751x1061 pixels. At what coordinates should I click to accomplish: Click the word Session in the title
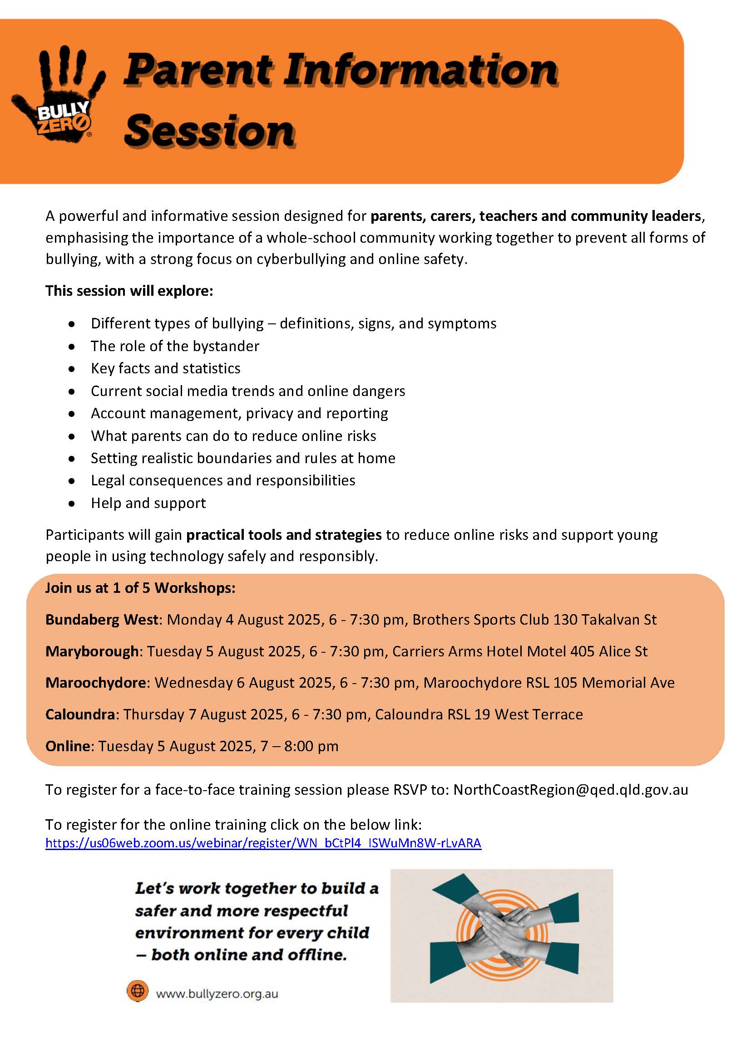coord(209,131)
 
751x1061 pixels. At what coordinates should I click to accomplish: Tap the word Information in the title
coord(420,71)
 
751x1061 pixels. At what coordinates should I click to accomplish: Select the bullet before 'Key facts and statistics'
coord(72,369)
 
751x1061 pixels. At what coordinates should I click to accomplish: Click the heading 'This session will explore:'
coord(129,291)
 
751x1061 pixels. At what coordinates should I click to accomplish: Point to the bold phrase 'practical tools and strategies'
coord(284,535)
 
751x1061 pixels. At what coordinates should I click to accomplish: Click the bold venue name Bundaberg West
coord(102,620)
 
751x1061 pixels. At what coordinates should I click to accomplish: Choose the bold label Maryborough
coord(92,651)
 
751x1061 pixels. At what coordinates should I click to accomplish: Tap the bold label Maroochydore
coord(96,683)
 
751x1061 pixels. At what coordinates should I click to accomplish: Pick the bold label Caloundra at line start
coord(80,714)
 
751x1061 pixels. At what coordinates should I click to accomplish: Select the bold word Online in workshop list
coord(68,746)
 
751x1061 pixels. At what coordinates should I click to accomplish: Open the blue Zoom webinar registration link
coord(263,843)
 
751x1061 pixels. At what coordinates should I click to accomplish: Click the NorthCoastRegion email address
coord(571,790)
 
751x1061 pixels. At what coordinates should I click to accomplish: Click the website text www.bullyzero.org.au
coord(217,994)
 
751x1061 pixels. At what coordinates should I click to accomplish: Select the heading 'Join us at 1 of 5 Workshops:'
coord(140,588)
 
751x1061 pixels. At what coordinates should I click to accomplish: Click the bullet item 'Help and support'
coord(148,503)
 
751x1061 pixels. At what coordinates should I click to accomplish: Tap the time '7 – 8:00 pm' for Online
coord(299,746)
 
